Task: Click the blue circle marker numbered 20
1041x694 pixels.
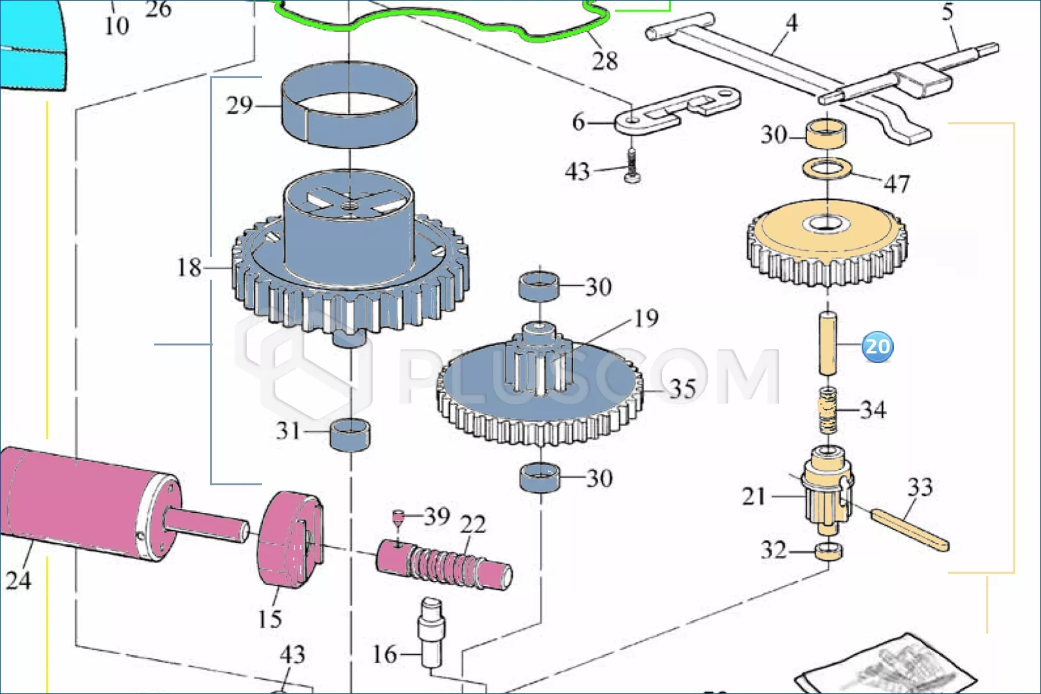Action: click(877, 346)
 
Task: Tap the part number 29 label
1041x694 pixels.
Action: click(240, 105)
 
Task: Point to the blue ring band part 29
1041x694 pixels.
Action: click(350, 105)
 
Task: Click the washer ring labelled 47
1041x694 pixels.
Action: click(827, 169)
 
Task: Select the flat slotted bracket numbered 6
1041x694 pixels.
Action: click(677, 111)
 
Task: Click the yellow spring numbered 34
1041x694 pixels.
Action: click(828, 410)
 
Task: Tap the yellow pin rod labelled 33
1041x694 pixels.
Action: click(910, 530)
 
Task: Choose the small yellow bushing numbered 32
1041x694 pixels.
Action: click(828, 551)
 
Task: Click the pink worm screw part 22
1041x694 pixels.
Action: click(444, 564)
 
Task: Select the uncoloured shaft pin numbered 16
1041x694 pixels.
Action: click(431, 633)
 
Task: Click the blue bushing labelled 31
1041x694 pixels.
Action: click(350, 434)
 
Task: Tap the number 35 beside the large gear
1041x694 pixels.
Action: click(682, 389)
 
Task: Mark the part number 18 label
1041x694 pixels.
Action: click(189, 268)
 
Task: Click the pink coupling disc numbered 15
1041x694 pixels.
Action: click(290, 539)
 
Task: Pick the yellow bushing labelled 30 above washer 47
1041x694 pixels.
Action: click(826, 134)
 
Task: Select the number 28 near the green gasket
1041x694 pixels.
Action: click(605, 61)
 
